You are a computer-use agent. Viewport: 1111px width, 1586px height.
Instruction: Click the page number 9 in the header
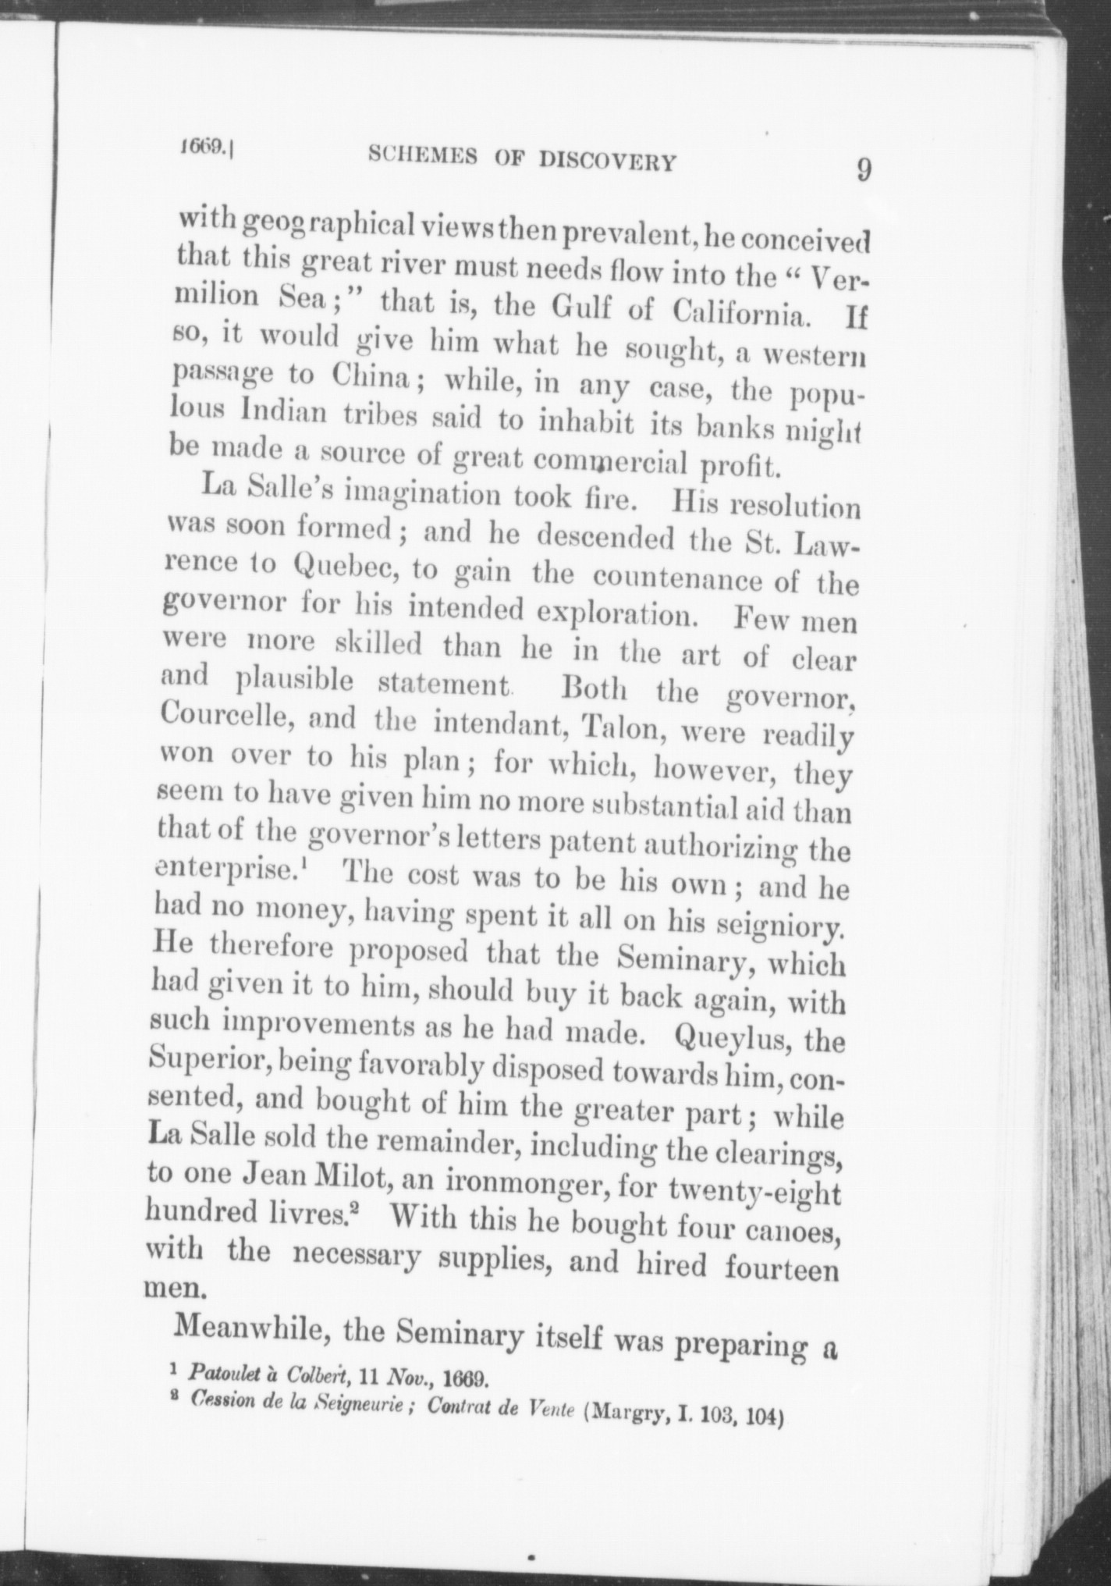(x=863, y=169)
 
